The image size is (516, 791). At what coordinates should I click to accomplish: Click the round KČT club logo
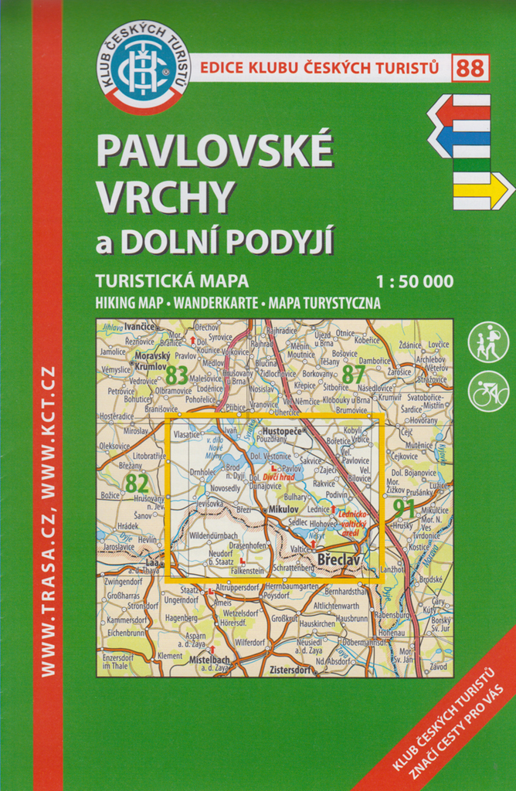coord(143,67)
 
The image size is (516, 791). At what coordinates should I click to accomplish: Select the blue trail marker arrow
coord(459,141)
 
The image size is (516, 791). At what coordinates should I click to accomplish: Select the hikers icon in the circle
coord(489,342)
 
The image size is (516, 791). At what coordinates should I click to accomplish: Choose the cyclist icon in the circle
coord(489,392)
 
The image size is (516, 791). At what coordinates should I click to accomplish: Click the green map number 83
coord(176,375)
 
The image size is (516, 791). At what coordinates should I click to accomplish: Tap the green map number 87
coord(353,374)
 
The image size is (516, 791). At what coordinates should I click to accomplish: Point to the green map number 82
coord(136,483)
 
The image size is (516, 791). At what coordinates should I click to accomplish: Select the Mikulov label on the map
coord(283,511)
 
